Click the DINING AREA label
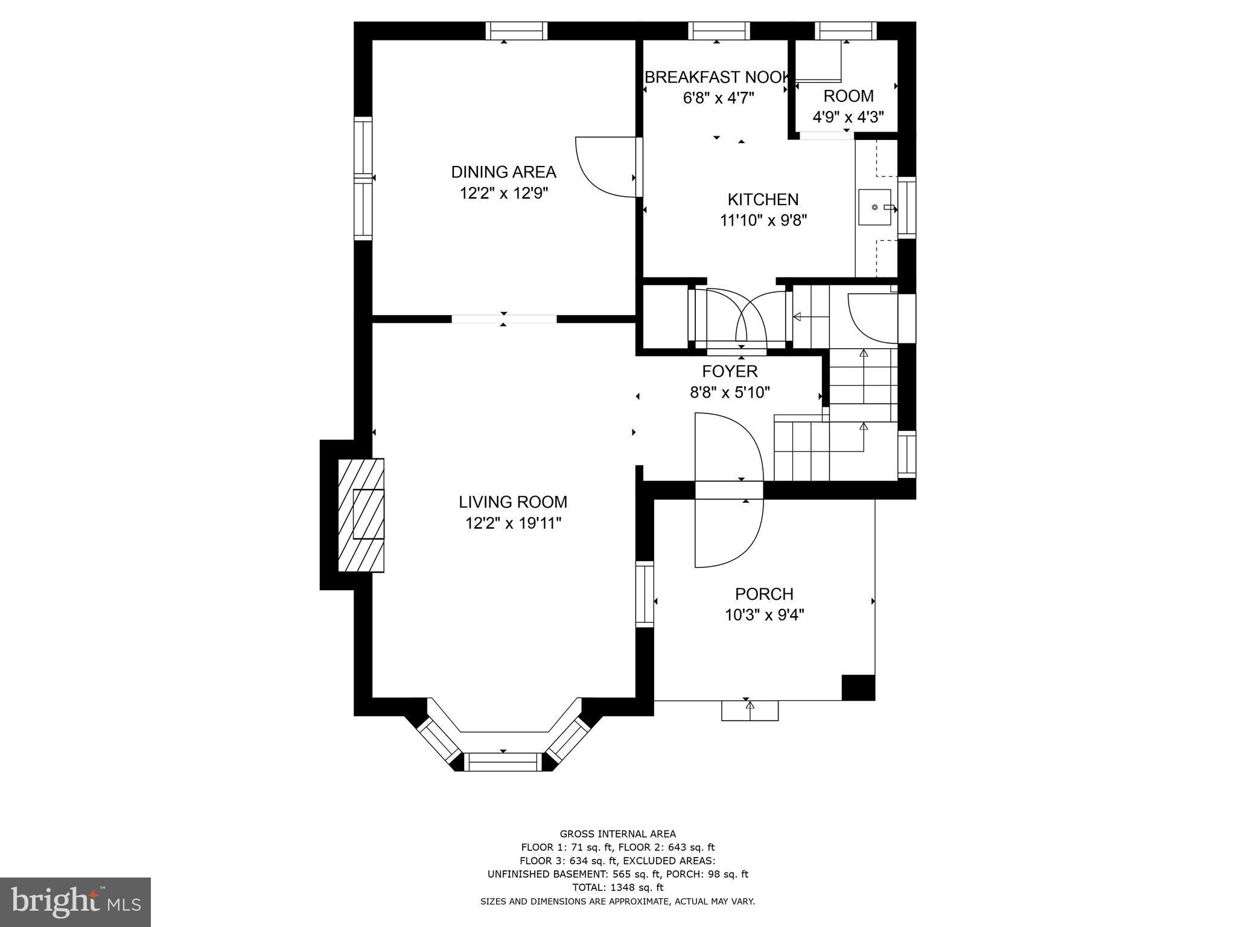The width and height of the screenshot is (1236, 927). pos(503,172)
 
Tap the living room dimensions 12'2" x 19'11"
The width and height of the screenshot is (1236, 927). pos(513,523)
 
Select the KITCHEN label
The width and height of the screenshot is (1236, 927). pos(763,200)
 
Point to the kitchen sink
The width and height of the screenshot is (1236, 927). pos(874,207)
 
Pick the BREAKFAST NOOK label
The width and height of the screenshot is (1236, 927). pos(717,77)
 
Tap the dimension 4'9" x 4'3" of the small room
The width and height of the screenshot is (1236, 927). pos(848,117)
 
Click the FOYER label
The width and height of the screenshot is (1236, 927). pos(730,371)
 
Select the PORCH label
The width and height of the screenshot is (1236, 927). pos(764,594)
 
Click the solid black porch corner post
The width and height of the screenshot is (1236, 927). pos(858,687)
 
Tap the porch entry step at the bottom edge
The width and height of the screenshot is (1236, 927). pos(750,710)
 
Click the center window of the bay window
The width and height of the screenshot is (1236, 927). pos(503,762)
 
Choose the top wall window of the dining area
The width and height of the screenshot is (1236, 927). pos(517,31)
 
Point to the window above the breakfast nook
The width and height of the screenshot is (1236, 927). pos(719,31)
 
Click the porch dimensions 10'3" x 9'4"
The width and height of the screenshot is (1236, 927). pos(764,615)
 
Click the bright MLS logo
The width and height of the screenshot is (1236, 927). pos(75,902)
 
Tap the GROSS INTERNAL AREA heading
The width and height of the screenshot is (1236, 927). pos(617,834)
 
